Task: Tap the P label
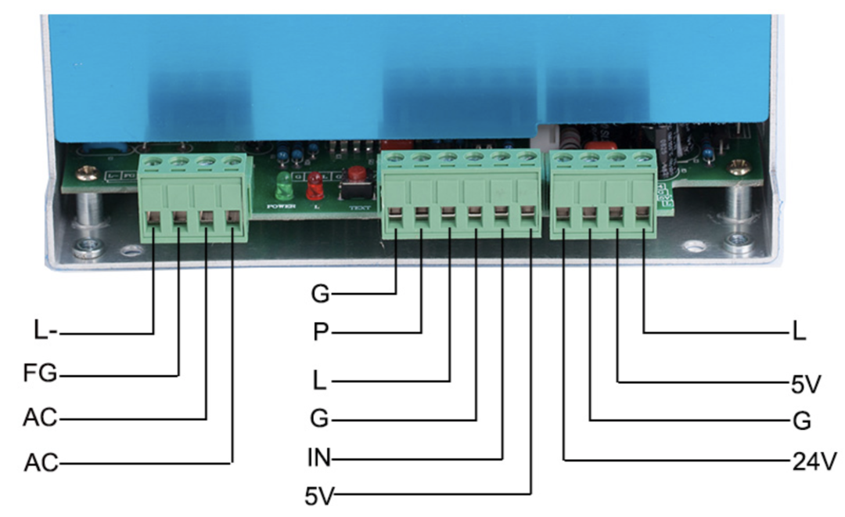(x=320, y=332)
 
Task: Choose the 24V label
(x=808, y=461)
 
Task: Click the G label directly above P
(x=320, y=295)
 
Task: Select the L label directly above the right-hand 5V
(x=798, y=332)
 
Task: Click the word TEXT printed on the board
(x=358, y=209)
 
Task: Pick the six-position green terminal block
(x=462, y=196)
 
